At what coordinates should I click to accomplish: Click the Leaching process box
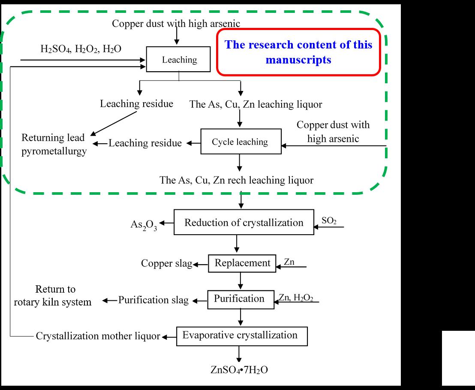(x=179, y=59)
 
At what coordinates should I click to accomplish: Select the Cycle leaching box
(x=240, y=142)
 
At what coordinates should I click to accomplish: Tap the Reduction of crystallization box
(x=244, y=222)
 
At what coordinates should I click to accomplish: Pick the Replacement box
(x=242, y=263)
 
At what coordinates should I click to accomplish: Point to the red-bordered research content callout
(x=298, y=52)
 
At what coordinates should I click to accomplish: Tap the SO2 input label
(x=329, y=221)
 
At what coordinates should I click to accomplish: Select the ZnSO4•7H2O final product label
(x=239, y=370)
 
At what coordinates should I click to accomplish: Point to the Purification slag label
(x=153, y=300)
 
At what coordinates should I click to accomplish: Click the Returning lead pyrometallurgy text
(x=54, y=145)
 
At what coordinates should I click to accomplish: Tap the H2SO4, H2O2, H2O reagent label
(x=81, y=49)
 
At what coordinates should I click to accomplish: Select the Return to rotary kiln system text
(x=53, y=295)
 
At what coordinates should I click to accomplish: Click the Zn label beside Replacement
(x=289, y=261)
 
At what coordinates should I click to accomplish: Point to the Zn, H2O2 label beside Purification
(x=295, y=297)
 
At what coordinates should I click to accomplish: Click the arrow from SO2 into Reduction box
(x=329, y=227)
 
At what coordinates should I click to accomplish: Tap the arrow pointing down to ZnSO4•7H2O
(x=239, y=354)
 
